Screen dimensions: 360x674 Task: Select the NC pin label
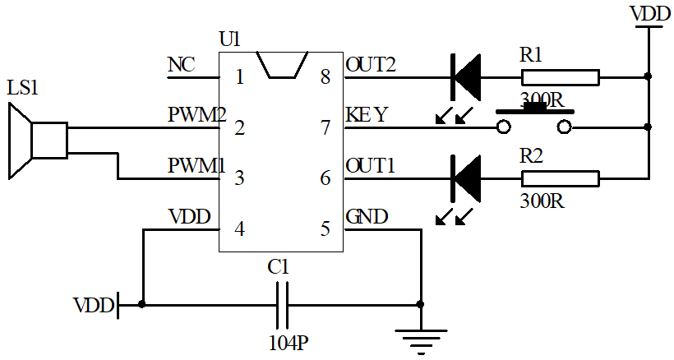point(181,65)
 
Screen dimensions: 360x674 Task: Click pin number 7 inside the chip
point(325,127)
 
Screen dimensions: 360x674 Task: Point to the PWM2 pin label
point(196,115)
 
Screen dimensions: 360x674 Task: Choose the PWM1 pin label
point(196,165)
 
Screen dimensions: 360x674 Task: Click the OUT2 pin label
point(371,65)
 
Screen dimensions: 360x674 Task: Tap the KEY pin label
point(367,115)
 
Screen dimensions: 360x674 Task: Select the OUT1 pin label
point(371,165)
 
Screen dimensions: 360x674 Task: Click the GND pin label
point(367,217)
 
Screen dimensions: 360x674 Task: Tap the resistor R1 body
point(560,77)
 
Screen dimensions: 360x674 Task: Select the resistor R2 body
point(560,177)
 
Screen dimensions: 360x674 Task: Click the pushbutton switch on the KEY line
point(533,122)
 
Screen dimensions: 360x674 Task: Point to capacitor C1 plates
point(282,304)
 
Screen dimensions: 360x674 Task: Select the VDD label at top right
point(649,13)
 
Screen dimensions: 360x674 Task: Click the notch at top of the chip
point(282,65)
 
